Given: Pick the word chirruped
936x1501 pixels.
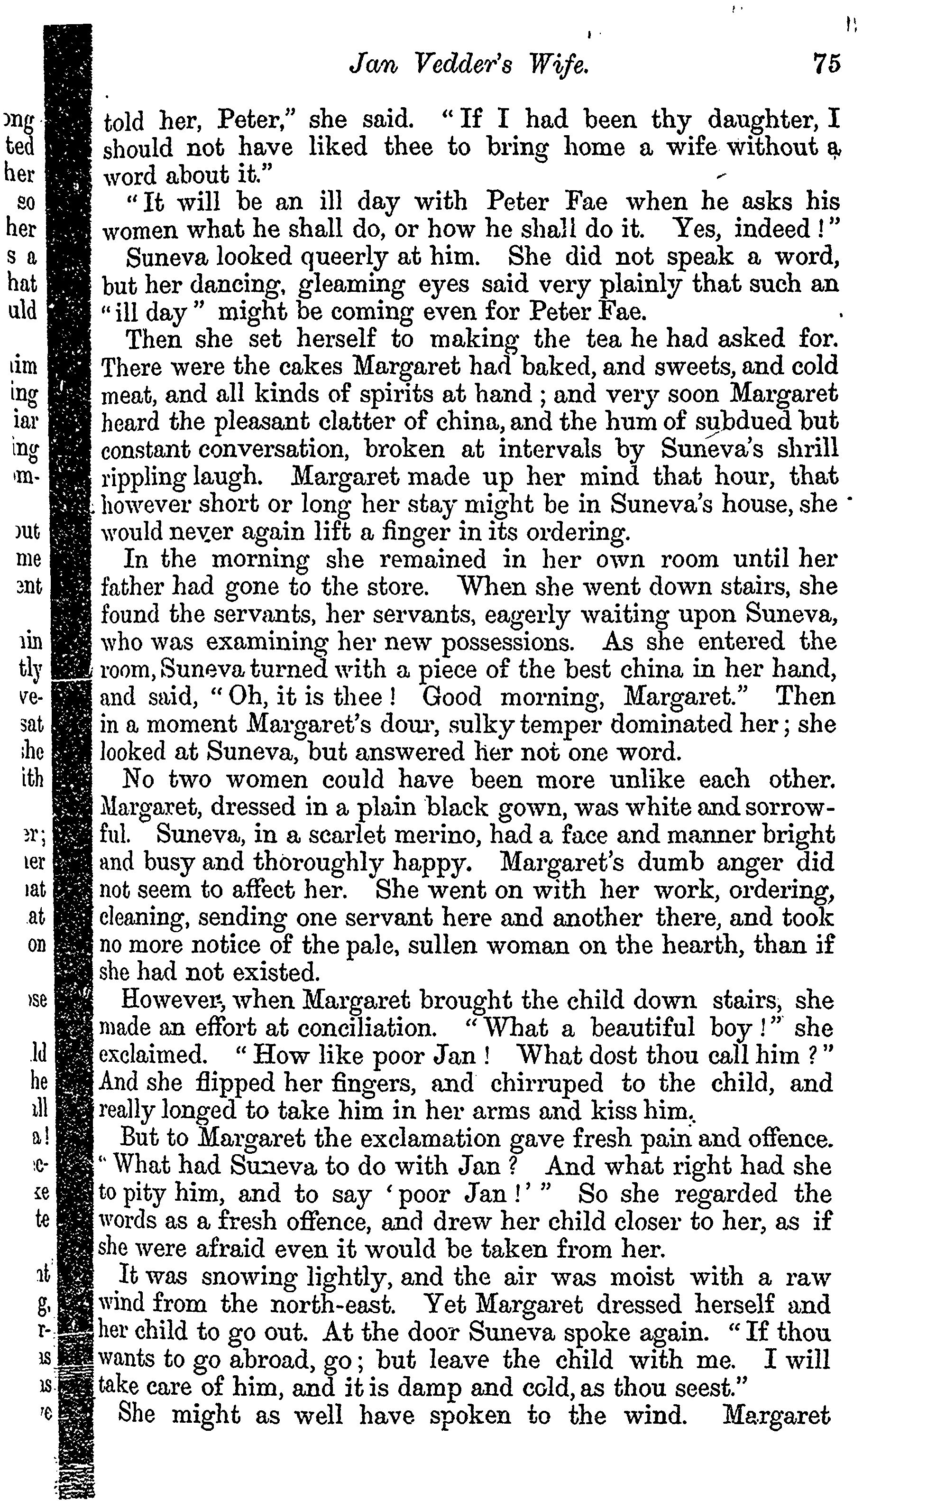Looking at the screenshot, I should (546, 1083).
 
